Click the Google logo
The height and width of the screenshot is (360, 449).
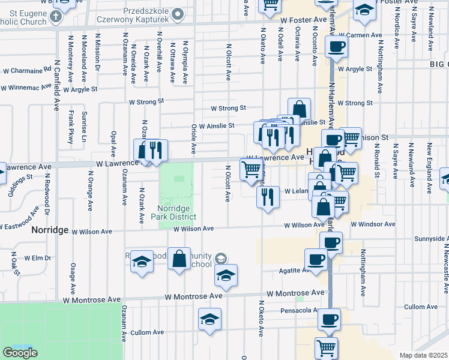point(20,353)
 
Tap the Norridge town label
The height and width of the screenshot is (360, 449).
point(50,230)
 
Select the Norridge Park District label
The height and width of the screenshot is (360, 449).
point(176,212)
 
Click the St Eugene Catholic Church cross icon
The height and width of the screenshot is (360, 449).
point(56,16)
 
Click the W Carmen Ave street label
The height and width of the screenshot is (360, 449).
point(360,35)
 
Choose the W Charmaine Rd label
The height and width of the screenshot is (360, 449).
point(27,70)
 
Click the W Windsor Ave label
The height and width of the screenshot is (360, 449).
point(373,224)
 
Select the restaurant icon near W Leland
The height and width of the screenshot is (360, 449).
point(268,196)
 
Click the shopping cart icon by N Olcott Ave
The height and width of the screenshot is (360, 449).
point(251,169)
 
